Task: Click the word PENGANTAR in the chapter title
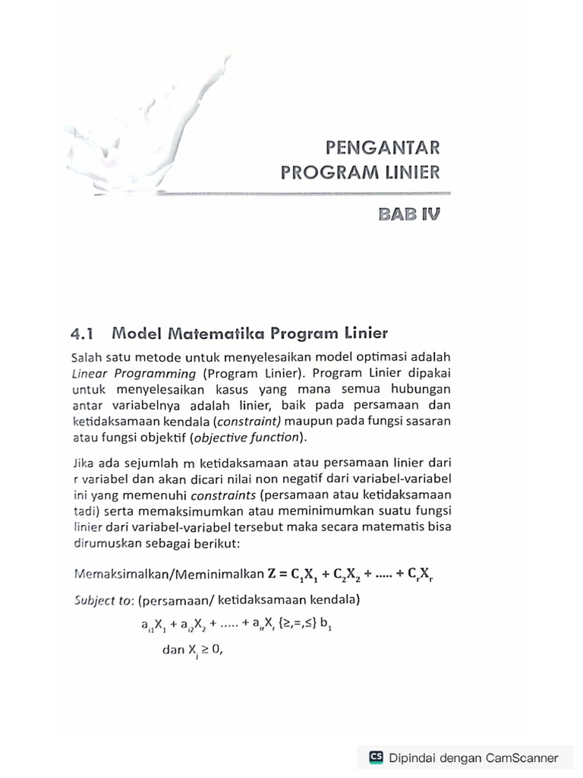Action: [381, 146]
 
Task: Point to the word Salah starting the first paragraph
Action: [86, 357]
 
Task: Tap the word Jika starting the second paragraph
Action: [82, 461]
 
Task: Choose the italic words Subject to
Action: [102, 601]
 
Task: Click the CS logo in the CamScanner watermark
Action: [376, 757]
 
